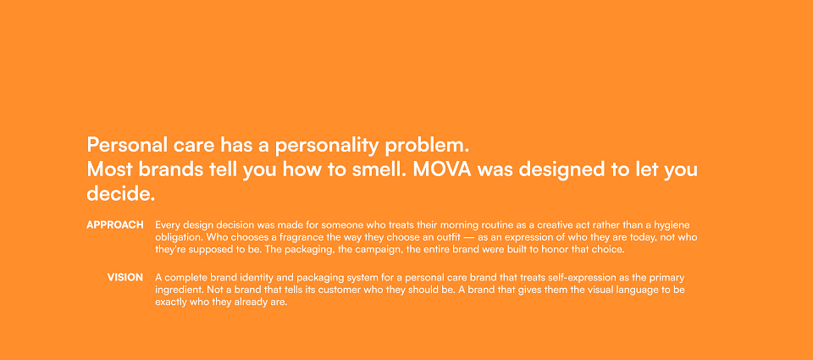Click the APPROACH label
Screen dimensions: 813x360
[115, 225]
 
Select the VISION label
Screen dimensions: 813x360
[125, 278]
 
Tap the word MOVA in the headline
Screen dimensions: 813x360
[442, 169]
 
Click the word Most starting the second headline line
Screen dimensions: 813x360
[107, 169]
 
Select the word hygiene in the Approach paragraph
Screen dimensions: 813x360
[673, 225]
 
